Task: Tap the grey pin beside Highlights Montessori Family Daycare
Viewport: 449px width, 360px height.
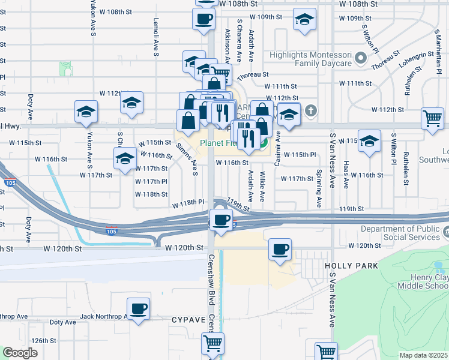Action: [x=361, y=59]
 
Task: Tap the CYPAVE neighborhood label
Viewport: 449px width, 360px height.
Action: [x=187, y=319]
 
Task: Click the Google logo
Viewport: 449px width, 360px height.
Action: [x=20, y=353]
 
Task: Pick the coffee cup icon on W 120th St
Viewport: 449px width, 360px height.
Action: [x=280, y=248]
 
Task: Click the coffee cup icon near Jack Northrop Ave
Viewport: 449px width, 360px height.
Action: [x=139, y=308]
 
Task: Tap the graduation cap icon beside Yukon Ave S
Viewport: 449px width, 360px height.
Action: [x=86, y=111]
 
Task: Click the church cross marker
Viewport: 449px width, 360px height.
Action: [x=310, y=110]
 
